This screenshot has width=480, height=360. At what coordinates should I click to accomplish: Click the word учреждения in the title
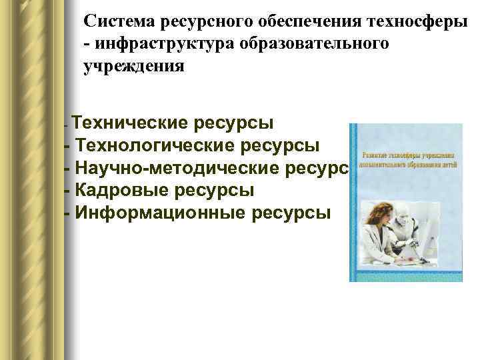(133, 66)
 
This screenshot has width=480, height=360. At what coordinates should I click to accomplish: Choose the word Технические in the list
(131, 123)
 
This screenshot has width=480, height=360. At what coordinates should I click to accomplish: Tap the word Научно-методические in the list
(177, 167)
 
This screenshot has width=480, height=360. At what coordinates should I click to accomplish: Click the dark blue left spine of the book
(353, 200)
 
